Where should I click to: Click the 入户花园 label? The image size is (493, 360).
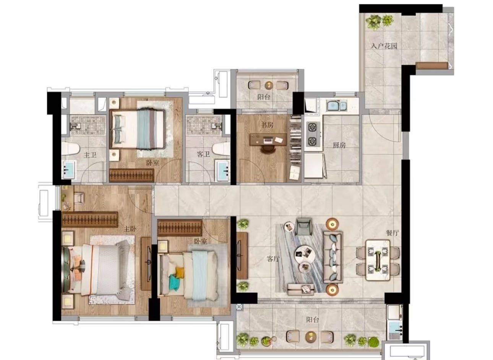coord(384,46)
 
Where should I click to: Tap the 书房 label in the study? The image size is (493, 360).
coord(267,125)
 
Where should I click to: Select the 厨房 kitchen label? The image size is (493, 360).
coord(339,145)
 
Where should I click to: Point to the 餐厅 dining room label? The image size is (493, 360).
coord(392,233)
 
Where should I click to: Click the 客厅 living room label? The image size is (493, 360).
coord(273,259)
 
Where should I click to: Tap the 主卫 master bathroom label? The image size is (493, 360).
coord(90,155)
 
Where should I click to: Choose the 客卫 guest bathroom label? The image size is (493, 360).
coord(203,154)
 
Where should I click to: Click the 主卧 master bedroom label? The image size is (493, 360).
coord(130,229)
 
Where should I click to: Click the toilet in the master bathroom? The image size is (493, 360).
coord(70,149)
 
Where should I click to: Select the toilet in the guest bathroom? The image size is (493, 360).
coord(221,149)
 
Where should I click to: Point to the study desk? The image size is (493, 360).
coord(268,139)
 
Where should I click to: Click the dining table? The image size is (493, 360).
coord(378,260)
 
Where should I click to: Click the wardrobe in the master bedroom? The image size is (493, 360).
coord(89,219)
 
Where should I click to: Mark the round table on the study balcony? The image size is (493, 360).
coord(269,85)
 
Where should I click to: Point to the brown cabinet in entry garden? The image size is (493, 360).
coord(431,66)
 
